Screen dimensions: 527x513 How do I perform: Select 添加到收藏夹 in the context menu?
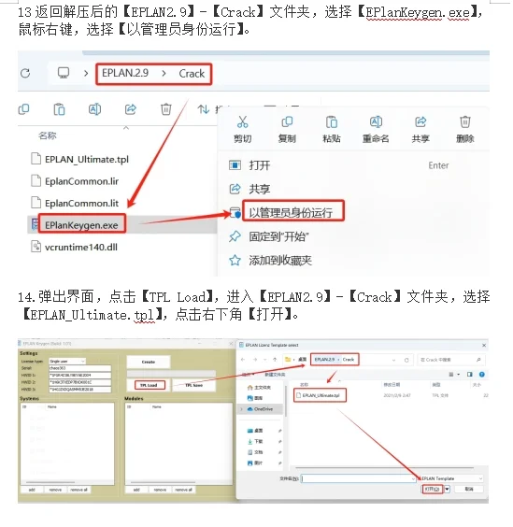(280, 260)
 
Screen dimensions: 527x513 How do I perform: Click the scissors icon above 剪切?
(242, 121)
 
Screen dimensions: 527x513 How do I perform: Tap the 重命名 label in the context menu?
(375, 138)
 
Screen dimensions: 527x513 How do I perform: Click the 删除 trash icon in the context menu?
(464, 121)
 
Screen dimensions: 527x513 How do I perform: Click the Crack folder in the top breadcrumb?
(192, 73)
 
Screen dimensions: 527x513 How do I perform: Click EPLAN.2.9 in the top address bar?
(125, 73)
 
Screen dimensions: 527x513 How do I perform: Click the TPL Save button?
(195, 384)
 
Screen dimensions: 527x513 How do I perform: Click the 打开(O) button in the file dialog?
(432, 488)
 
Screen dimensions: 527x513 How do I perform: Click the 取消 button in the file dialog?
(468, 488)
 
